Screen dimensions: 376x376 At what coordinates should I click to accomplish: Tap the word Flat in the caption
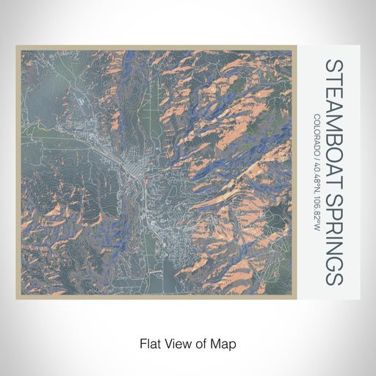tap(150, 342)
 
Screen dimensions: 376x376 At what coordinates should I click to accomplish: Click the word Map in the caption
tap(224, 342)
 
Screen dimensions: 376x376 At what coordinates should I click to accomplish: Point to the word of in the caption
tap(202, 342)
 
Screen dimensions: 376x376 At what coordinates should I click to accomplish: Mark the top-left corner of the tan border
tap(17, 46)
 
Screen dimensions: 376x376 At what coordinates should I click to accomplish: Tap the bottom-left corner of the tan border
tap(17, 297)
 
